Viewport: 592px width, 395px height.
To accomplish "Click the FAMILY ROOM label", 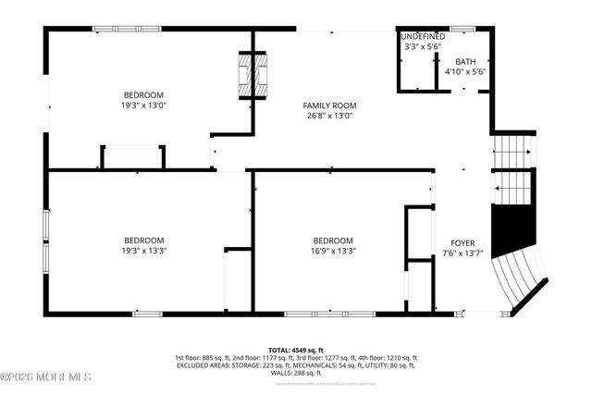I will point(330,105).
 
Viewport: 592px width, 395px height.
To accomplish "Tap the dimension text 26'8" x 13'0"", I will point(330,117).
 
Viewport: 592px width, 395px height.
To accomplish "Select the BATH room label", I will point(465,61).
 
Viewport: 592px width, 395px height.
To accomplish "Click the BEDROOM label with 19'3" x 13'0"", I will point(143,95).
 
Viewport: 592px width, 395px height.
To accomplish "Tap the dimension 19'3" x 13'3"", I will point(143,250).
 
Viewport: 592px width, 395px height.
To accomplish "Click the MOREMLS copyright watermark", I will point(46,376).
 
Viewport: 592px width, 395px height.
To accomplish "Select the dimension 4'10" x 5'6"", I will point(465,71).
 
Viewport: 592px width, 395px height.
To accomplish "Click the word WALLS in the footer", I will point(279,373).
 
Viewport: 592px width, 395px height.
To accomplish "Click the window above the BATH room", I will point(462,29).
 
